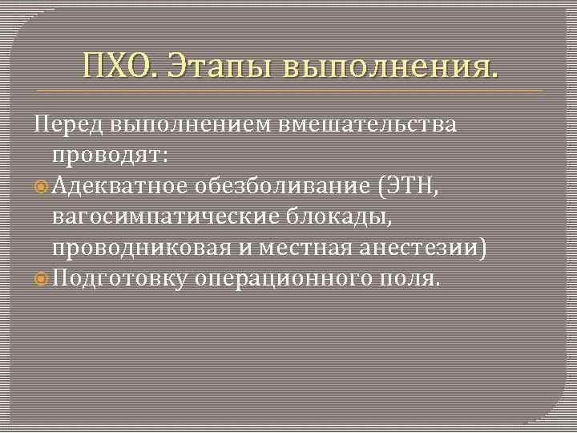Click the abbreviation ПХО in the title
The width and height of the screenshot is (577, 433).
tap(119, 64)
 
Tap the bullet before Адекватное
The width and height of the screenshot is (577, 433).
tap(42, 187)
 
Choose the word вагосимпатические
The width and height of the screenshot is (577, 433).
tap(165, 216)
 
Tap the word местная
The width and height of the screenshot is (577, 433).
tap(286, 248)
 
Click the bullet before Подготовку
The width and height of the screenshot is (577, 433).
tap(42, 279)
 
